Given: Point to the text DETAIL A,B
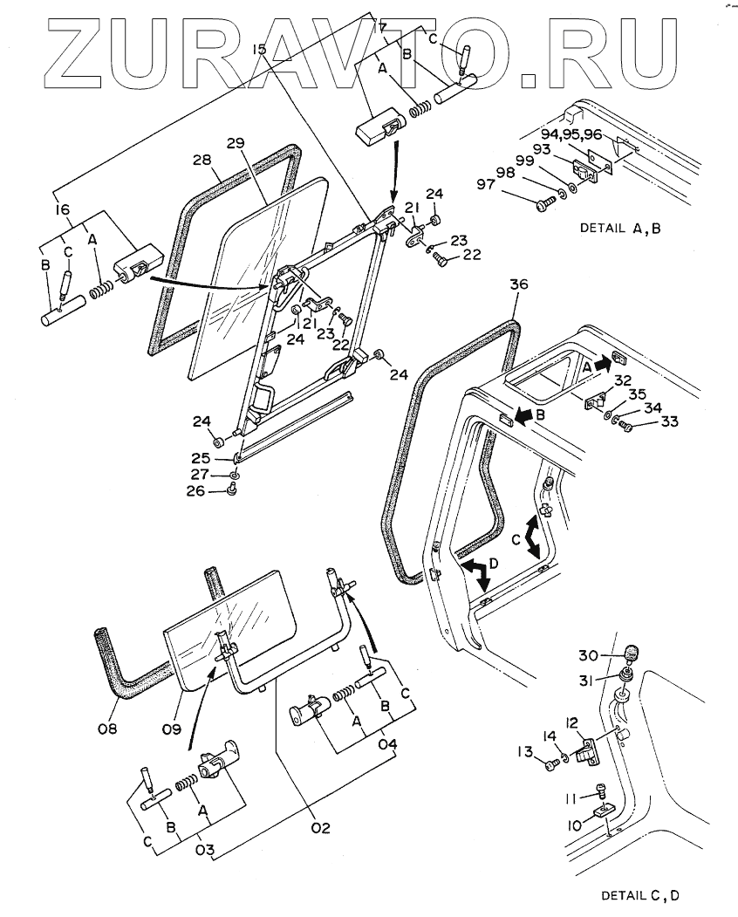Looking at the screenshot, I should [x=620, y=228].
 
